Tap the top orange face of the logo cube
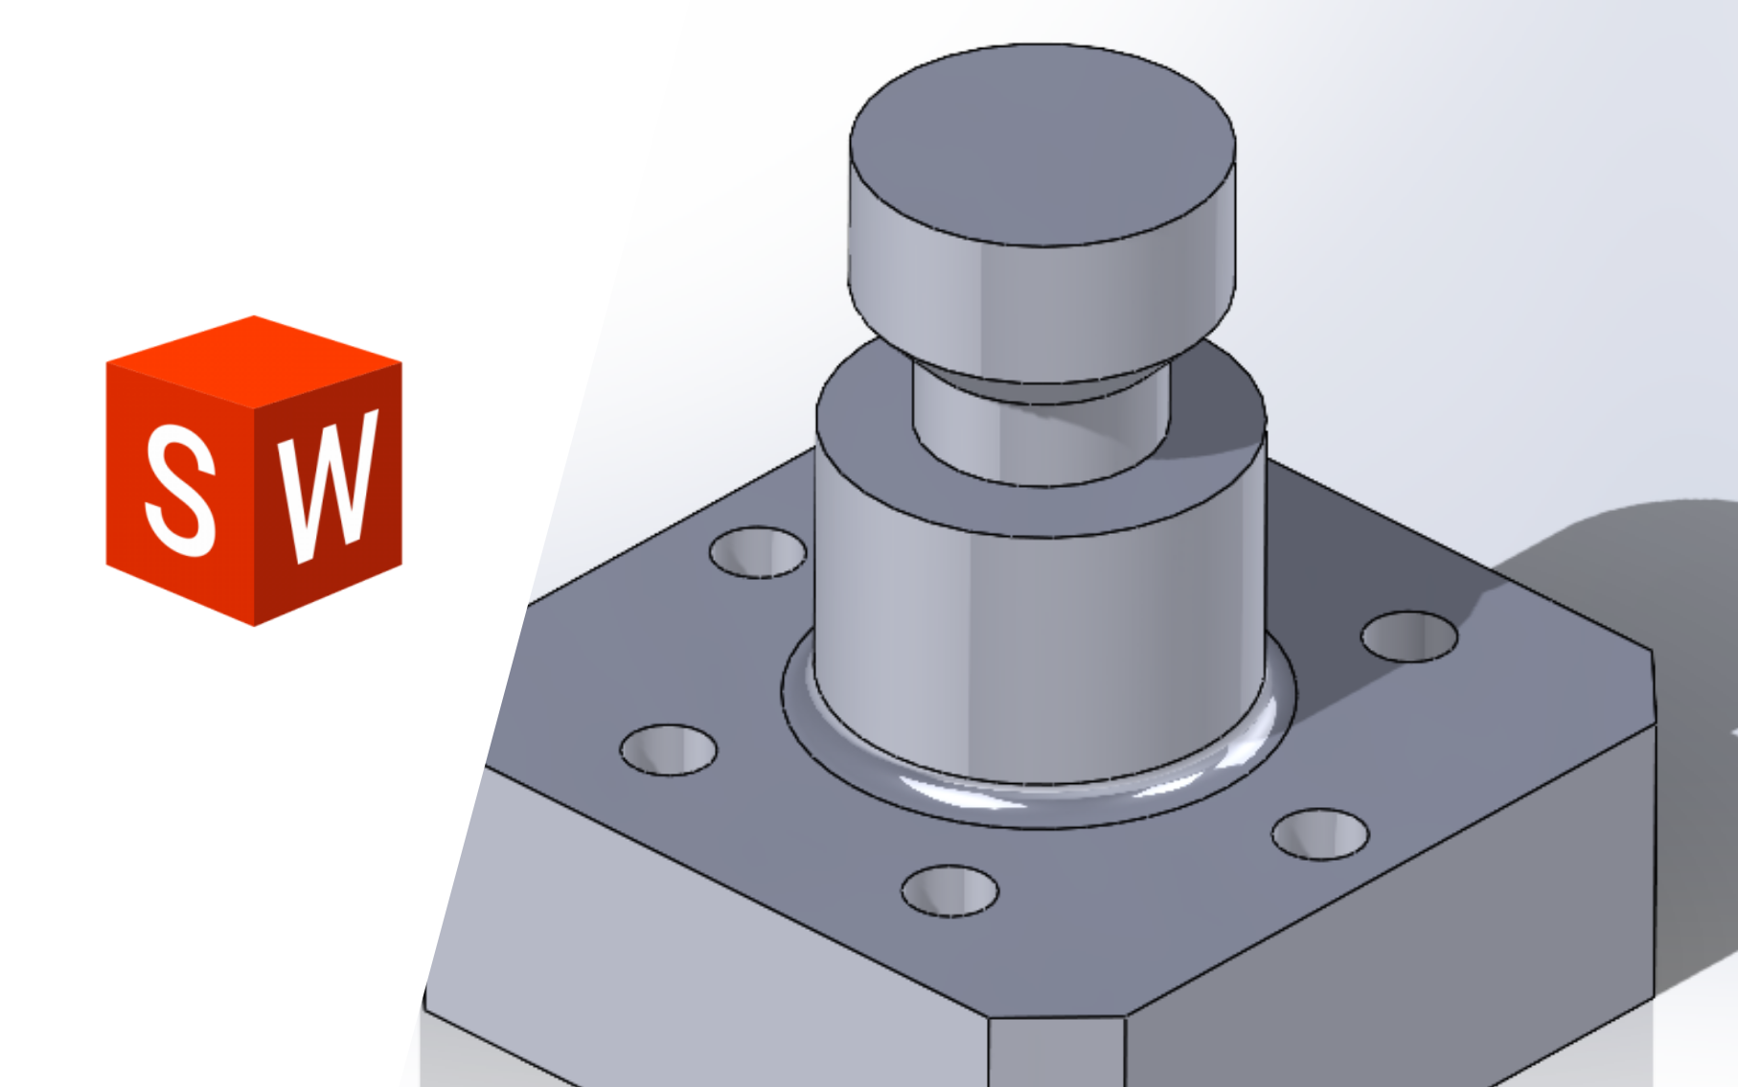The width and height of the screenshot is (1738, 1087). point(254,359)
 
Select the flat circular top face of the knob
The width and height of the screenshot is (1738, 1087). point(1041,144)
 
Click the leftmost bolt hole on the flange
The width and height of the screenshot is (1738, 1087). point(668,750)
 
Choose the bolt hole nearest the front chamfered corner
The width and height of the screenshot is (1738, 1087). point(949,890)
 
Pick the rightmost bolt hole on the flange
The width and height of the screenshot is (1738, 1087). point(1408,636)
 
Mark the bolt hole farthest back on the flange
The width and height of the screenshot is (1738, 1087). point(757,552)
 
